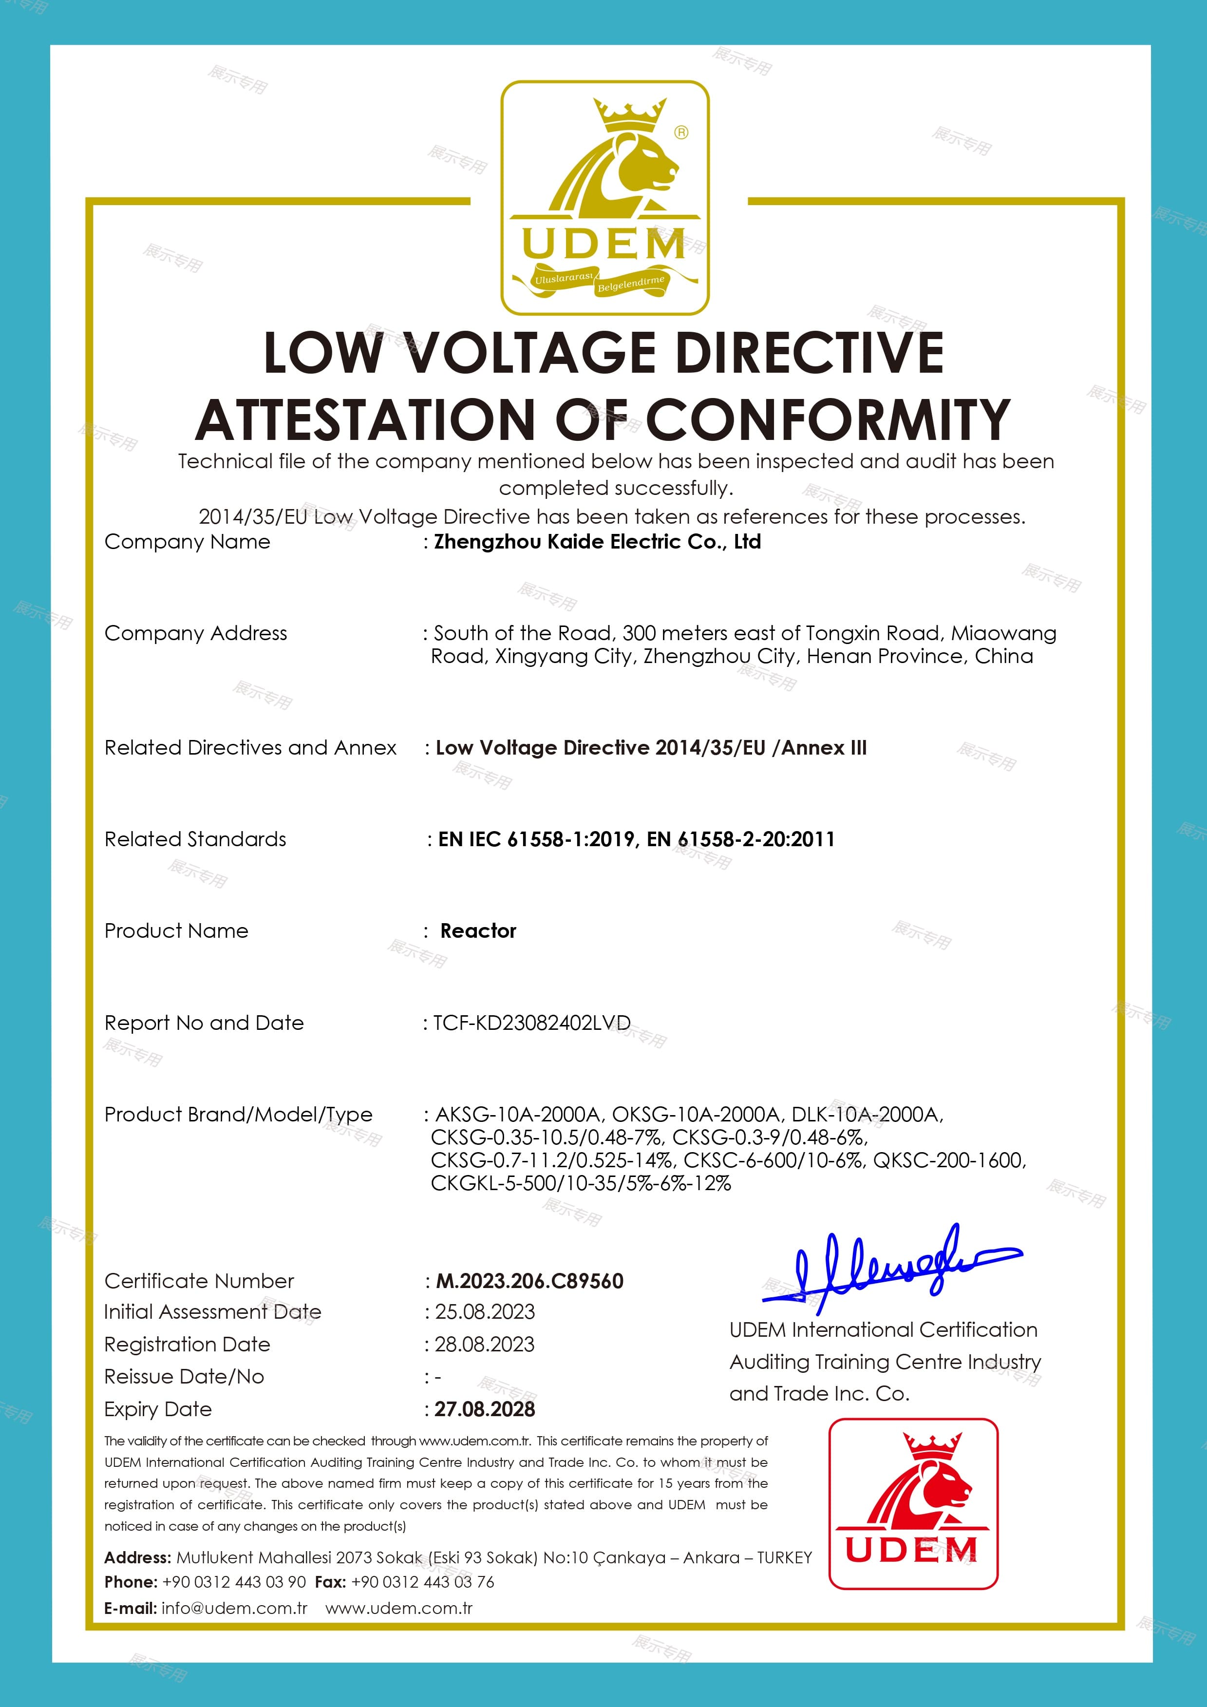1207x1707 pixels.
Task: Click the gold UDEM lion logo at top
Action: pyautogui.click(x=604, y=197)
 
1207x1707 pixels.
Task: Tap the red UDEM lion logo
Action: pyautogui.click(x=913, y=1504)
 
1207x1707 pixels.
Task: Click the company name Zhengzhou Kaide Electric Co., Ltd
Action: pyautogui.click(x=598, y=542)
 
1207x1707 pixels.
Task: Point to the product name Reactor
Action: pyautogui.click(x=478, y=931)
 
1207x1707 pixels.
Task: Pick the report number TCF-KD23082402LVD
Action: pyautogui.click(x=531, y=1023)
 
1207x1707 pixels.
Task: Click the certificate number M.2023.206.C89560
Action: pyautogui.click(x=529, y=1281)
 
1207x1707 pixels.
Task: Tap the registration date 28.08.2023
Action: pyautogui.click(x=485, y=1344)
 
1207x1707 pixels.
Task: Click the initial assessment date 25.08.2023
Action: pyautogui.click(x=485, y=1312)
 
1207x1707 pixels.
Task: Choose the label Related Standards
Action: pyautogui.click(x=195, y=839)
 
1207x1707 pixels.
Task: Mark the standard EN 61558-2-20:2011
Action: pyautogui.click(x=740, y=839)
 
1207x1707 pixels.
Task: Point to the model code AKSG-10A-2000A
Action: pyautogui.click(x=517, y=1115)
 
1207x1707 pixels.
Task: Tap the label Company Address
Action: pyautogui.click(x=195, y=633)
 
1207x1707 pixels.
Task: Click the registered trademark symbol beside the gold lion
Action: pyautogui.click(x=681, y=133)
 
